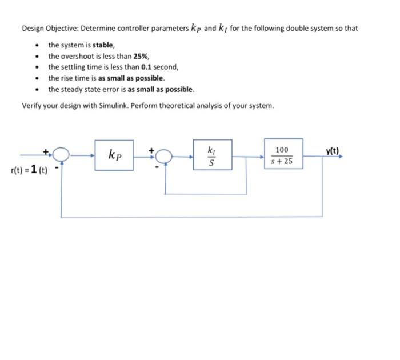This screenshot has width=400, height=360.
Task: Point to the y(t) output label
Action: click(332, 151)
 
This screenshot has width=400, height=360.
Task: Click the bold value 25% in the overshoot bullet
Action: click(141, 56)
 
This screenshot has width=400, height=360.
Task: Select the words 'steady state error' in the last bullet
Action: click(87, 90)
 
